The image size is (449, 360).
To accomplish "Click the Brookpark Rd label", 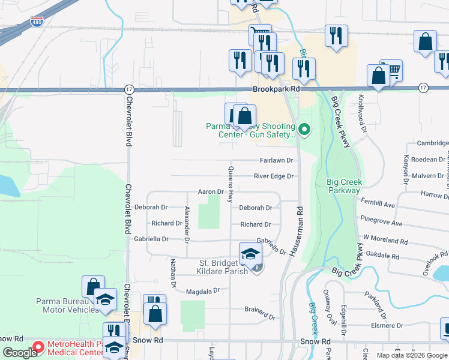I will [276, 88].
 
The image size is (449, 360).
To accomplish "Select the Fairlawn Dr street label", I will [276, 161].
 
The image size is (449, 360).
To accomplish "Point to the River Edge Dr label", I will [274, 176].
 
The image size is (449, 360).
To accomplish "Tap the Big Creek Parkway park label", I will [345, 186].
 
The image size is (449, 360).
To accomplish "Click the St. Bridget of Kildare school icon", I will [250, 254].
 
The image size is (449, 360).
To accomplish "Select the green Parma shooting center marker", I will [304, 128].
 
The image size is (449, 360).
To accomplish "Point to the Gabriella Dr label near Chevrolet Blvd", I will [152, 239].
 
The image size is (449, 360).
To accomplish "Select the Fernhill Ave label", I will [378, 205].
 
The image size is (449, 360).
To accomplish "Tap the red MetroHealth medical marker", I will [39, 347].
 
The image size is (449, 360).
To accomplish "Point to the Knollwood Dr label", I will [362, 120].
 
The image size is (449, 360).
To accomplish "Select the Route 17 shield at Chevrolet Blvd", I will [129, 88].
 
